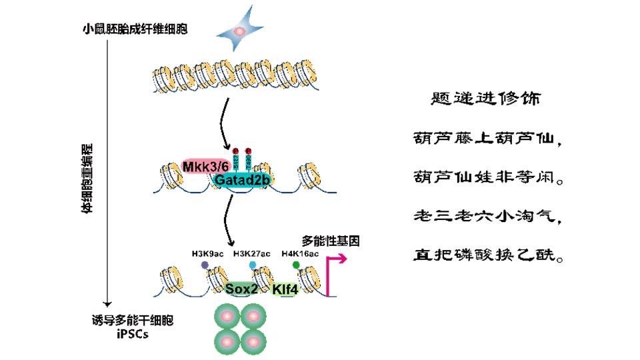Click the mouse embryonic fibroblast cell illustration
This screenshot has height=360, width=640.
coord(243,31)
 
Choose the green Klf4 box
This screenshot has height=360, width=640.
coord(285,289)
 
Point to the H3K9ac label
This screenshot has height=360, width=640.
coord(204,253)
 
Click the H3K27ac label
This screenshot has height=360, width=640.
coord(252,253)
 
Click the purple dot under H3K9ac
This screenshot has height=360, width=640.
coord(205,265)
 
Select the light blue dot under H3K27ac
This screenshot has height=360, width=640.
coord(253,265)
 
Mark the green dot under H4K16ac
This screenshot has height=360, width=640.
coord(296,265)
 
